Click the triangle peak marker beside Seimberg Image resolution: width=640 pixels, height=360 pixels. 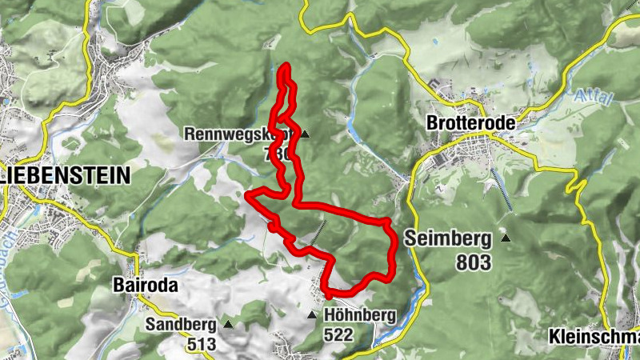click(x=505, y=237)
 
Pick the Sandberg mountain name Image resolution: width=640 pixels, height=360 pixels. click(x=181, y=325)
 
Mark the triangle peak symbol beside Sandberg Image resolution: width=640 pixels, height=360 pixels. click(x=229, y=325)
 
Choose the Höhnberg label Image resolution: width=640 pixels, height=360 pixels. click(x=360, y=316)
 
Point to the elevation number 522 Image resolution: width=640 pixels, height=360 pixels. click(x=339, y=336)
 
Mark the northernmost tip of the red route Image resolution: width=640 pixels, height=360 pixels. click(x=286, y=65)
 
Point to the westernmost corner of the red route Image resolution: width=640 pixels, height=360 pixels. click(x=248, y=194)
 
